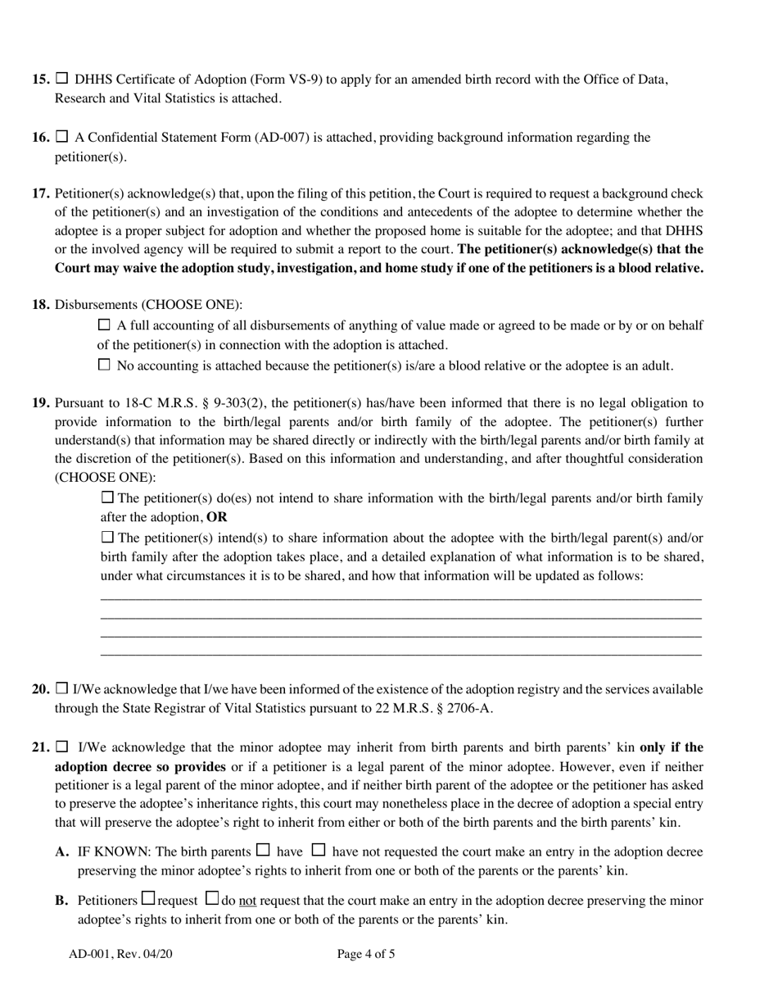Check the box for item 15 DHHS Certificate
(62, 79)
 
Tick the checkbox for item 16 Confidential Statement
(62, 137)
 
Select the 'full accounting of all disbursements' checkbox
(104, 325)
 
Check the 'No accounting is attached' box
(104, 365)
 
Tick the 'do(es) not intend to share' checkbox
(107, 497)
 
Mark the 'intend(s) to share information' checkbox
(107, 538)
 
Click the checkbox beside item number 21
(62, 747)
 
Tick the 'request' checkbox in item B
(147, 899)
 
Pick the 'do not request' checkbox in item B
(211, 899)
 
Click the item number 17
(41, 194)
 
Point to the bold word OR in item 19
(217, 518)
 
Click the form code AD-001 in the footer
(88, 954)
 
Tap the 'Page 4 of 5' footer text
(366, 954)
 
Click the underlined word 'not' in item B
(247, 901)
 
